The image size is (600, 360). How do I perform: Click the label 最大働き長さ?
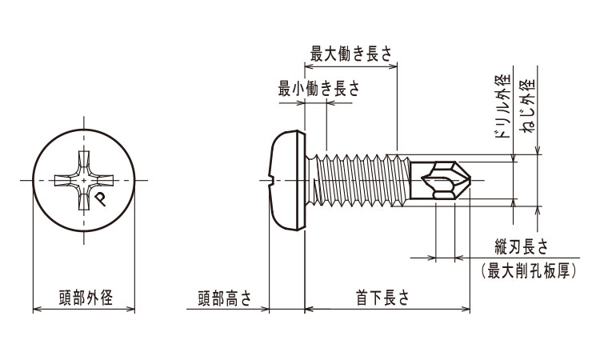tap(351, 54)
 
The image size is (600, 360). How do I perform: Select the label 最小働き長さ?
tap(318, 90)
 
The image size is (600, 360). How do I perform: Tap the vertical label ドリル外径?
tap(502, 106)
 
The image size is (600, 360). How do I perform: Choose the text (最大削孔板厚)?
tap(530, 272)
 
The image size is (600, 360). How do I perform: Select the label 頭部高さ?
tap(225, 298)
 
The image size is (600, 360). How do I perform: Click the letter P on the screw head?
tap(99, 198)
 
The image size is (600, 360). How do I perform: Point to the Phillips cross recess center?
tap(84, 180)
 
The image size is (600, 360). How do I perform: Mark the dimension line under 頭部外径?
tap(84, 309)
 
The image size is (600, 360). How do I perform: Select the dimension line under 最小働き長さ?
tap(317, 101)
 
